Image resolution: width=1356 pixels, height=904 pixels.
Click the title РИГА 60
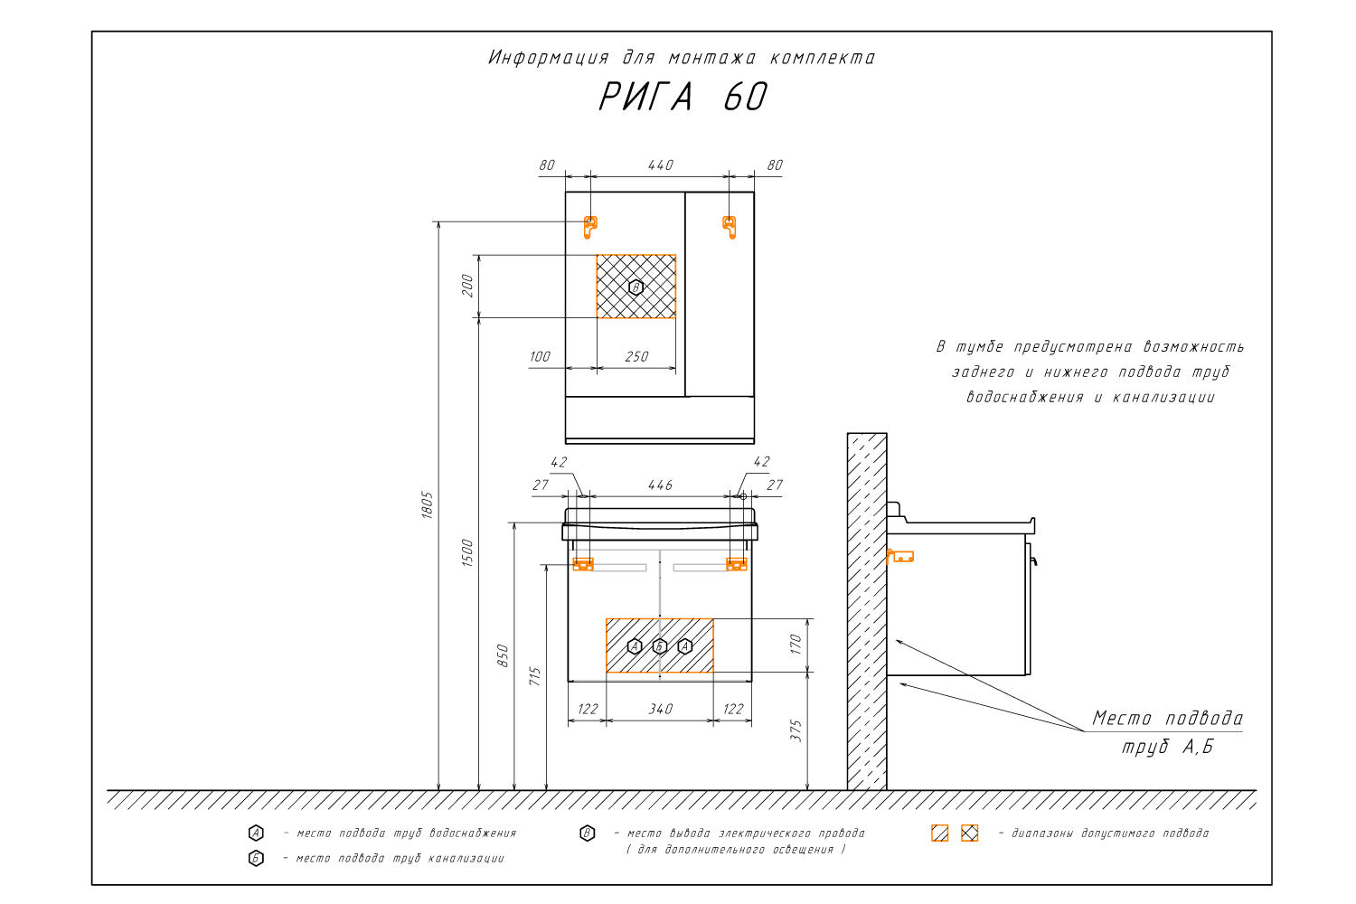(683, 97)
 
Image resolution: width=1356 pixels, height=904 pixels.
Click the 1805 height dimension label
(428, 504)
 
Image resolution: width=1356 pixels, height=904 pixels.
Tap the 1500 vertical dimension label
(467, 552)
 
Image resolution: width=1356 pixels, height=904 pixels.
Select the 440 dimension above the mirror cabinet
(660, 165)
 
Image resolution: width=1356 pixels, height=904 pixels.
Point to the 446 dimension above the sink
(660, 485)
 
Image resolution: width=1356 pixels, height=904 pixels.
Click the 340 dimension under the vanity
(660, 710)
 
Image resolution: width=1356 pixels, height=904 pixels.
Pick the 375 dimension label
(796, 730)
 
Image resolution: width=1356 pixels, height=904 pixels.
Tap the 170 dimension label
(796, 645)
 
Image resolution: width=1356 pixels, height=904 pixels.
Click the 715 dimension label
(535, 676)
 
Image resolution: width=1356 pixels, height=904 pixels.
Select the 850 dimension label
(503, 655)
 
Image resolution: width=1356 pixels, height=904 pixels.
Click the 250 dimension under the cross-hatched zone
(636, 357)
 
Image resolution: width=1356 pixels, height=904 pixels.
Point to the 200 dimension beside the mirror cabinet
(467, 286)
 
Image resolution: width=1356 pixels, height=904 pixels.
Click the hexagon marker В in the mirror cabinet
(636, 287)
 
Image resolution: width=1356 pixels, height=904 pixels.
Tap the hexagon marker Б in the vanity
(660, 646)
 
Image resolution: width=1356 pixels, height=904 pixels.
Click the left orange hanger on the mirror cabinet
(590, 226)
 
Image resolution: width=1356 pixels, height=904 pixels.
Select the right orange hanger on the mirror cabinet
(730, 226)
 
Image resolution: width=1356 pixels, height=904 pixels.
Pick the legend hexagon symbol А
(256, 833)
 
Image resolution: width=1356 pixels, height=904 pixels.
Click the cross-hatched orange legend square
(969, 833)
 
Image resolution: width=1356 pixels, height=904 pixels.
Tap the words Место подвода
(1167, 719)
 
